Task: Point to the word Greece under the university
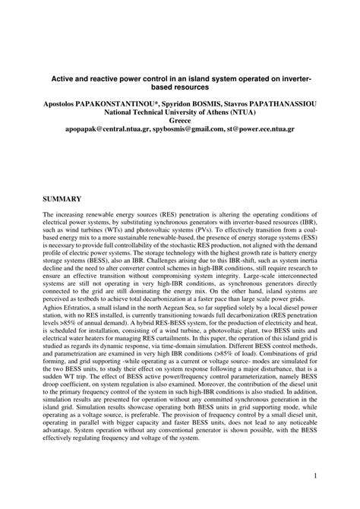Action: coord(180,120)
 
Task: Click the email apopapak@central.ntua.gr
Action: coord(106,130)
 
